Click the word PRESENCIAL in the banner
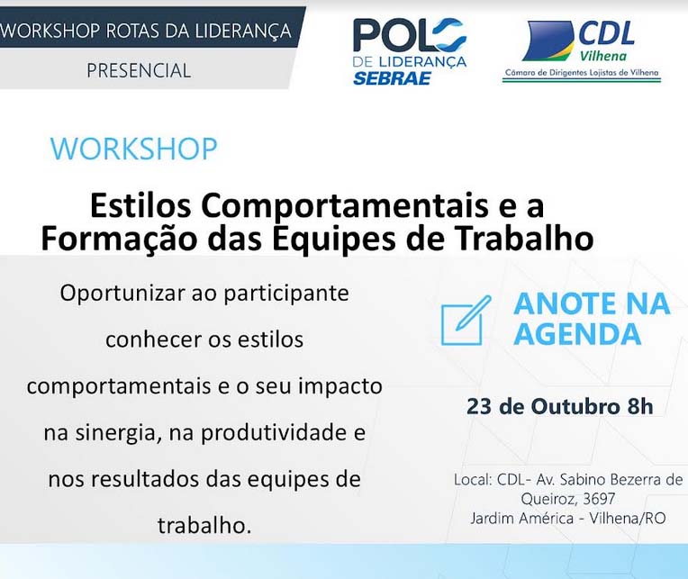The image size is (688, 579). (139, 70)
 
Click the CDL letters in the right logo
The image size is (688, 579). (606, 33)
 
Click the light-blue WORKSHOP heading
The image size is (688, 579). (134, 148)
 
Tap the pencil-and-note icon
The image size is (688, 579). (466, 321)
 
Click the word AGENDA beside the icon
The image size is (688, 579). (577, 334)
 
